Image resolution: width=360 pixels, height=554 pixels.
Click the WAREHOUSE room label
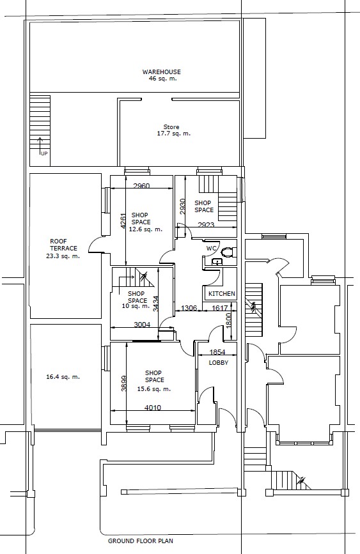161,72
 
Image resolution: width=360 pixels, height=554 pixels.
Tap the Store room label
171,127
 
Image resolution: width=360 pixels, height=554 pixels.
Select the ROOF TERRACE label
63,245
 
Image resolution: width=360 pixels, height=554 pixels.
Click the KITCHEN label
222,293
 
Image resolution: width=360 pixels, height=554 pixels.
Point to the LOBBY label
219,363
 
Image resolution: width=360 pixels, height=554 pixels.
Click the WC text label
211,249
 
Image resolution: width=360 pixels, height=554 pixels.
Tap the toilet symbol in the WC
227,252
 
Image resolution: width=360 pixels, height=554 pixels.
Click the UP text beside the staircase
44,154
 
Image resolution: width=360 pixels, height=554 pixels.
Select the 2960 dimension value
141,186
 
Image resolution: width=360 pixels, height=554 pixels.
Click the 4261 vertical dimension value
123,221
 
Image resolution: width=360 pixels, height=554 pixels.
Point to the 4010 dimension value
153,408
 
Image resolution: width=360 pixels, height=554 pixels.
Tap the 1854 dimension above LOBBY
217,352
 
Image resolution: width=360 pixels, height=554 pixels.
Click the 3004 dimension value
142,325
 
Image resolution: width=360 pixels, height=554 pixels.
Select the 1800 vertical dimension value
228,321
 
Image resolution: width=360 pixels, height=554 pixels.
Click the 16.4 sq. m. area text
63,377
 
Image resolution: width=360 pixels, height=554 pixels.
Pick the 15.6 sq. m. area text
154,389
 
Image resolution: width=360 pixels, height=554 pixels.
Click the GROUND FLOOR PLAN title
141,541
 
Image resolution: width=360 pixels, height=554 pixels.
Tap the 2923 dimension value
206,225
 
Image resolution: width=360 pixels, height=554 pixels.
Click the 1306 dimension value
189,308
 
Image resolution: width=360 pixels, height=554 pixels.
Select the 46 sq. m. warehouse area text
162,79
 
